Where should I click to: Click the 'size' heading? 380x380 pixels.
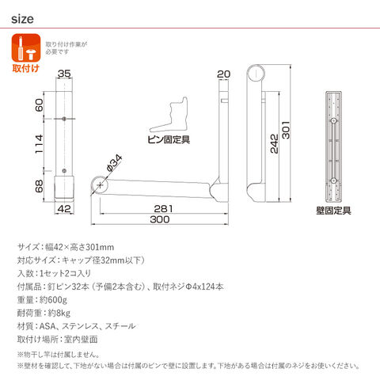point(22,19)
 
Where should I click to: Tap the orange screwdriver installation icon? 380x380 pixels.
point(26,47)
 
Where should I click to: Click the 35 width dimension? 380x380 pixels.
point(64,74)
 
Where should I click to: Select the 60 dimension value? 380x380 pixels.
point(39,104)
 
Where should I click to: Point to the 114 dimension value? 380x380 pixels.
point(39,144)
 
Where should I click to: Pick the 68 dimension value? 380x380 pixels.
point(39,186)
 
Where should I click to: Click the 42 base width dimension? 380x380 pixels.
point(64,209)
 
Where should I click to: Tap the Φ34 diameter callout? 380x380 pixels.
point(114,163)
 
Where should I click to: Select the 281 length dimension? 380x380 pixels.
point(163,209)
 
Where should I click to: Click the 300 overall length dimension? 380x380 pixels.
point(160,219)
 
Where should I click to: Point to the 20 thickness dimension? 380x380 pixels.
point(223,74)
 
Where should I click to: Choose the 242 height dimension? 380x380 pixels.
point(275,144)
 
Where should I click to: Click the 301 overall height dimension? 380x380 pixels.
point(286,130)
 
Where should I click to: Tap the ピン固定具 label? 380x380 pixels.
point(169,139)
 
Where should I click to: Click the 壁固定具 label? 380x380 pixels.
point(333,211)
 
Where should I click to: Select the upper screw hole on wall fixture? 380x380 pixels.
point(333,120)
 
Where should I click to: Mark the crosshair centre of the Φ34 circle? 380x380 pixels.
point(100,185)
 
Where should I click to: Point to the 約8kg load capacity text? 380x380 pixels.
point(59,313)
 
